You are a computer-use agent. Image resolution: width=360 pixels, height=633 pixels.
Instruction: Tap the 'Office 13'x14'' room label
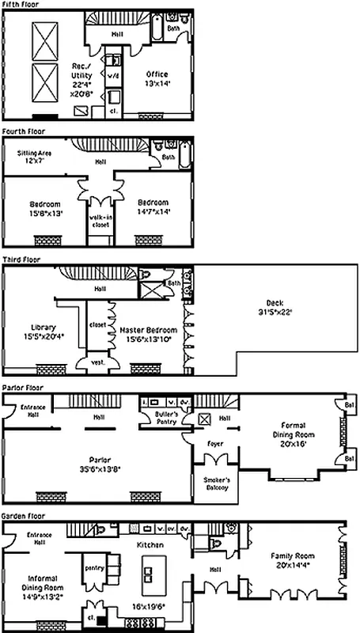157,79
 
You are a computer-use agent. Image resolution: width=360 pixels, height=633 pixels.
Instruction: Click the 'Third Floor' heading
21,259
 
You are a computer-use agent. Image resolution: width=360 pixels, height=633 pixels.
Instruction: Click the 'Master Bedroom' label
150,333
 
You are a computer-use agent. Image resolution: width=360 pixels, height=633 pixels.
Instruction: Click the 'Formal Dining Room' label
293,434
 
